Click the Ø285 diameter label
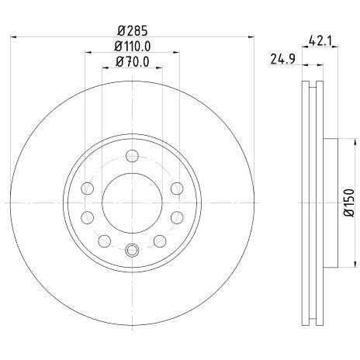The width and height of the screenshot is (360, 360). click(x=132, y=30)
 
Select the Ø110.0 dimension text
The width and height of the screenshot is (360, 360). click(x=133, y=47)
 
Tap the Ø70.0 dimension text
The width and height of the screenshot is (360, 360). click(x=133, y=62)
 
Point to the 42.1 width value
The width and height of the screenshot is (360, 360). click(x=320, y=41)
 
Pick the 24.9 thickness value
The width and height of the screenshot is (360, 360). click(x=282, y=59)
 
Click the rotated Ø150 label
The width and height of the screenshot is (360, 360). click(x=348, y=202)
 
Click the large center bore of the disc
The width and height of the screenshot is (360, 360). click(x=132, y=203)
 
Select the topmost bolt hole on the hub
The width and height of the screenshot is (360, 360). click(x=132, y=156)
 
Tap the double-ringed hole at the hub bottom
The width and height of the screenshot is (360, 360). click(x=132, y=250)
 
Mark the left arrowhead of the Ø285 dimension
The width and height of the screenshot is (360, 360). click(x=13, y=37)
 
